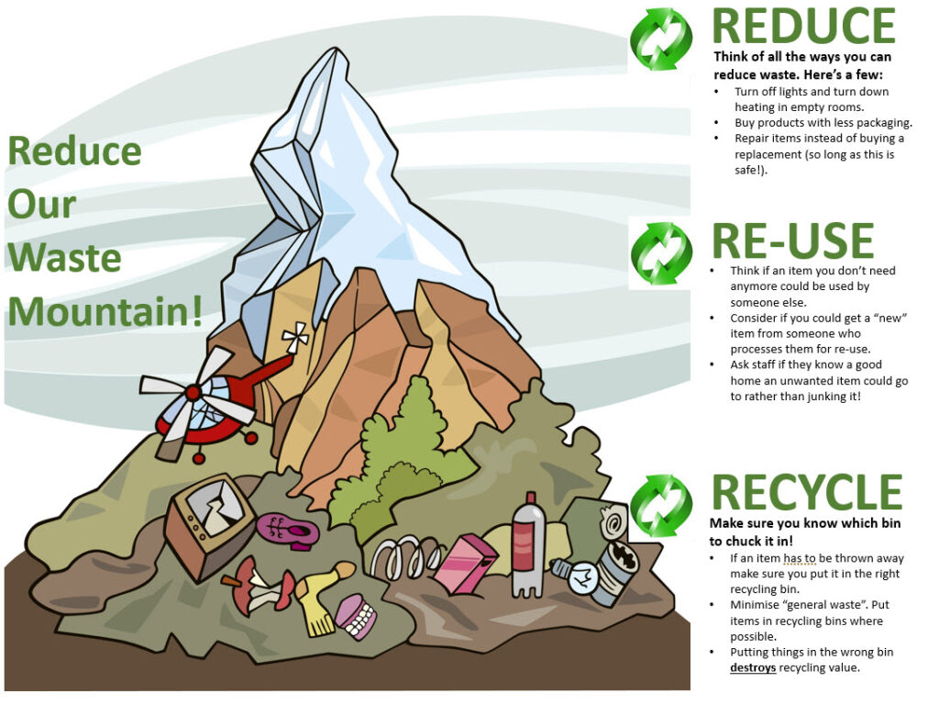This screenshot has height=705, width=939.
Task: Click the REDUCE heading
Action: (803, 27)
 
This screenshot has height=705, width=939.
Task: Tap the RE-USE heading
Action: (792, 241)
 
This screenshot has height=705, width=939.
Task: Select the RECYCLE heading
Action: (806, 492)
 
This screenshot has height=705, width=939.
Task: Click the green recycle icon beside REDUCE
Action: (661, 39)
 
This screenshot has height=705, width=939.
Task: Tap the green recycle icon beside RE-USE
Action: (661, 252)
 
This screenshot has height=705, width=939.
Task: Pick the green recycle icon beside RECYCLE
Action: (661, 504)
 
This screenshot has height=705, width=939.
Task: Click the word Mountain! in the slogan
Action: (105, 311)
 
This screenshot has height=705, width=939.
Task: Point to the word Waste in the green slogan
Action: (64, 257)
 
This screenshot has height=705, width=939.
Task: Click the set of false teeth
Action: (355, 616)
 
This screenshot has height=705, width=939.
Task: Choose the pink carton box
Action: (464, 563)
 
